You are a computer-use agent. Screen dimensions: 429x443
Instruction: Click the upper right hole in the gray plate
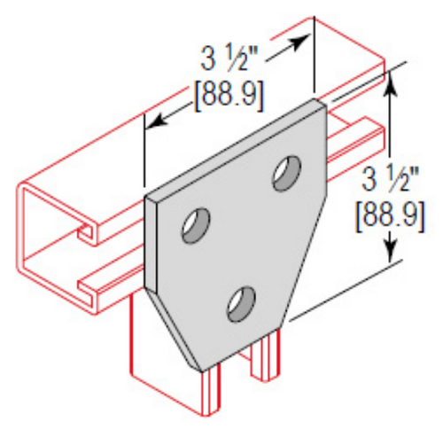click(285, 172)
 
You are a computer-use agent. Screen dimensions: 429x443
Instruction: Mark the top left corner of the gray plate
click(147, 196)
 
